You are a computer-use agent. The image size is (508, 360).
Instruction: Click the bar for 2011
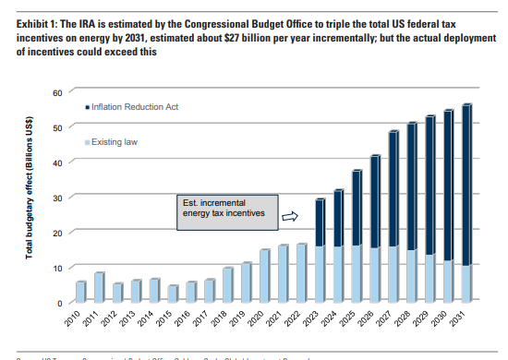click(x=99, y=287)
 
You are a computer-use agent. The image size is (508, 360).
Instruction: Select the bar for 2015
click(x=173, y=293)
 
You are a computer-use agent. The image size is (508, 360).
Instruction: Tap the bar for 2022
click(x=301, y=272)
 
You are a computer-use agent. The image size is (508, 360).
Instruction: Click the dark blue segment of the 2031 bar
click(x=466, y=185)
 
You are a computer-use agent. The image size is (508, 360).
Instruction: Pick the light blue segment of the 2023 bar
click(x=320, y=273)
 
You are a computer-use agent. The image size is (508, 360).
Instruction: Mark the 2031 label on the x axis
click(x=464, y=322)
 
